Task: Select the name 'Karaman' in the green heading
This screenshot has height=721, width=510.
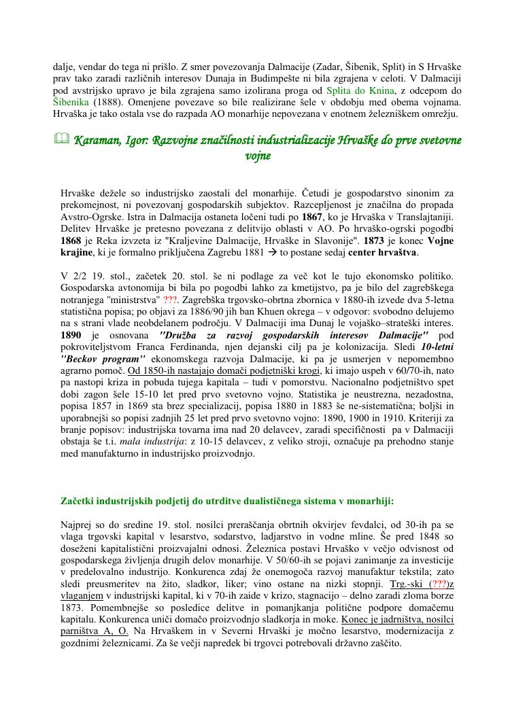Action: pyautogui.click(x=97, y=141)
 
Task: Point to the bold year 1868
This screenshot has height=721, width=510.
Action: pyautogui.click(x=74, y=241)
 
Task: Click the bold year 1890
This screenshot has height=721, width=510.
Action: pyautogui.click(x=74, y=336)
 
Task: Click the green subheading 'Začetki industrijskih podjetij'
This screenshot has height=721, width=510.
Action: pyautogui.click(x=136, y=502)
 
